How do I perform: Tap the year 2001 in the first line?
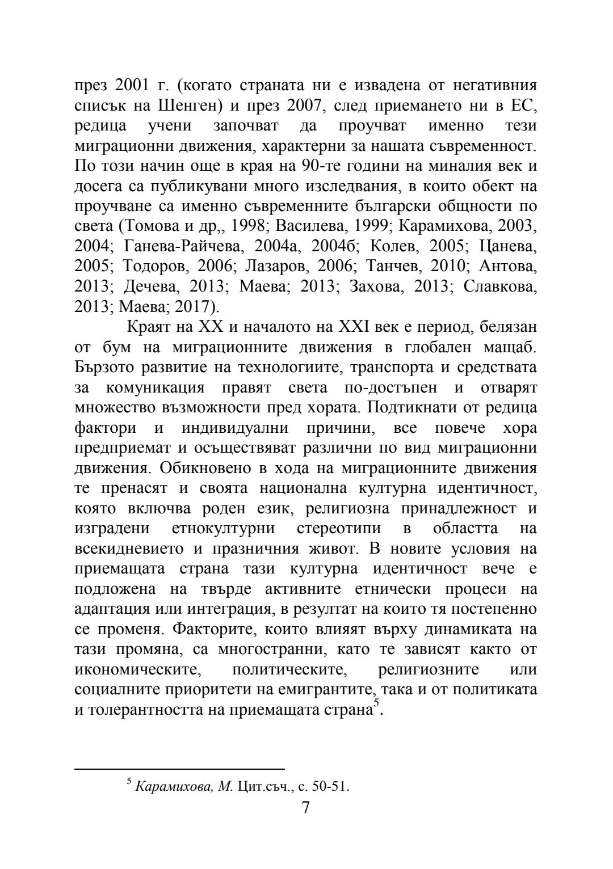(133, 86)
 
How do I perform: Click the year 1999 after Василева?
(369, 225)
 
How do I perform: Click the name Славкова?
(499, 286)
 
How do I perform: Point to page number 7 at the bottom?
(306, 807)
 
